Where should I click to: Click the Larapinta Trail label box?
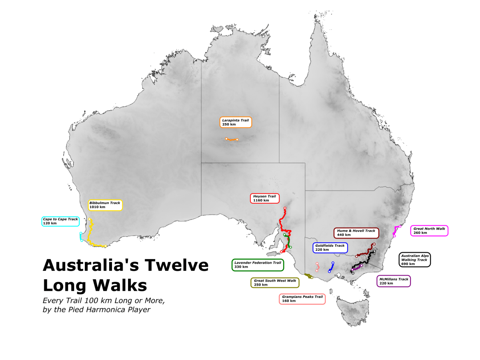pos(236,122)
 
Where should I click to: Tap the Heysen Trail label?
pos(264,198)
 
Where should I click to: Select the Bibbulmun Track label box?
pos(105,205)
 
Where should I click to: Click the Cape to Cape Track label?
pos(60,221)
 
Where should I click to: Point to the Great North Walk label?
pos(429,230)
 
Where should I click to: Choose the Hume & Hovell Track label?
pos(356,233)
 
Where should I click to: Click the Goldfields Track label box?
pos(330,248)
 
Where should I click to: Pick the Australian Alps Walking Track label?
pos(414,260)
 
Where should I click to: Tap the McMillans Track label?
pos(394,281)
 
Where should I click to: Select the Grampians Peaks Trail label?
pos(302,298)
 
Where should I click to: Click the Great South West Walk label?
pos(275,282)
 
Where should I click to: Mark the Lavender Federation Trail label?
pos(258,265)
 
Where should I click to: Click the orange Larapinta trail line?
pos(232,139)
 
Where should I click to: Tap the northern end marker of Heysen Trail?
pos(285,208)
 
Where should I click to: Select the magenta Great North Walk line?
pos(395,231)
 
